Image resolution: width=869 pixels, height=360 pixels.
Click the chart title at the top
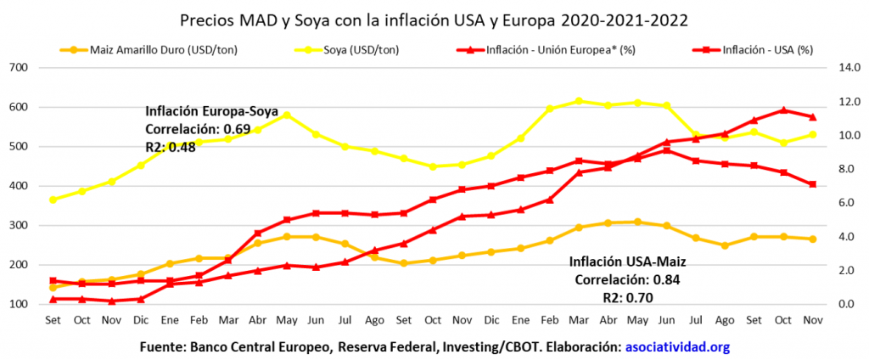(434, 19)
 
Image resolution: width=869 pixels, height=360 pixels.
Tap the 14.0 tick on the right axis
(849, 68)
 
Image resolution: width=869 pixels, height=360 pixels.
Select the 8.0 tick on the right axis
(849, 169)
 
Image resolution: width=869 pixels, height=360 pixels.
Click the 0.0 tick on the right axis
(849, 304)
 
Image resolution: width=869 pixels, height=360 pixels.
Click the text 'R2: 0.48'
(173, 145)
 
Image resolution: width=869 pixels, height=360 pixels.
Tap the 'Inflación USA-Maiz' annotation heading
(628, 262)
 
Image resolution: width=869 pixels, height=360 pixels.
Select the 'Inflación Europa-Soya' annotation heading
(208, 111)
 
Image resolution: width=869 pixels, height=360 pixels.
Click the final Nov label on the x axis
(811, 320)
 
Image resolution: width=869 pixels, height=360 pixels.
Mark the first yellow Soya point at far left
(53, 200)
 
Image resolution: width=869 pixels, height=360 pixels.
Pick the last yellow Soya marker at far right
(811, 134)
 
